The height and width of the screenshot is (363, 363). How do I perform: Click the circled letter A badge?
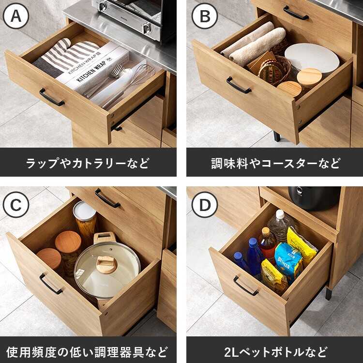tap(16, 16)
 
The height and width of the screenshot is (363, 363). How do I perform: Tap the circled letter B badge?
tap(205, 16)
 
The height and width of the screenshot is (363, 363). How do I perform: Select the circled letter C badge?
tap(16, 205)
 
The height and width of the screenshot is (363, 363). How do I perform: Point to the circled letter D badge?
tap(205, 205)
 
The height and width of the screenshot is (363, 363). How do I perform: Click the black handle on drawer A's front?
tap(51, 97)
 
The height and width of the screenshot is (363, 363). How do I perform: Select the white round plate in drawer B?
tap(312, 58)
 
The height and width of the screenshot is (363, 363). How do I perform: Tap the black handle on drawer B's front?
tap(239, 85)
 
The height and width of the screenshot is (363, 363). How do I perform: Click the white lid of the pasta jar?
tap(84, 211)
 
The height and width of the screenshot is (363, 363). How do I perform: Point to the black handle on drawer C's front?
tap(50, 284)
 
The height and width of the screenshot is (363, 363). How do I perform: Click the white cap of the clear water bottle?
tap(280, 214)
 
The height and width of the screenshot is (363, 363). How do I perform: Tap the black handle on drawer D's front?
tap(245, 286)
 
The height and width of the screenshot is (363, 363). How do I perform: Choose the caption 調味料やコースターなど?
tap(275, 163)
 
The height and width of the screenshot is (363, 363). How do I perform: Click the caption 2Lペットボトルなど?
tap(275, 352)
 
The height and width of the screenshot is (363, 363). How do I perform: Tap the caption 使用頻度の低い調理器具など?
tap(87, 352)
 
